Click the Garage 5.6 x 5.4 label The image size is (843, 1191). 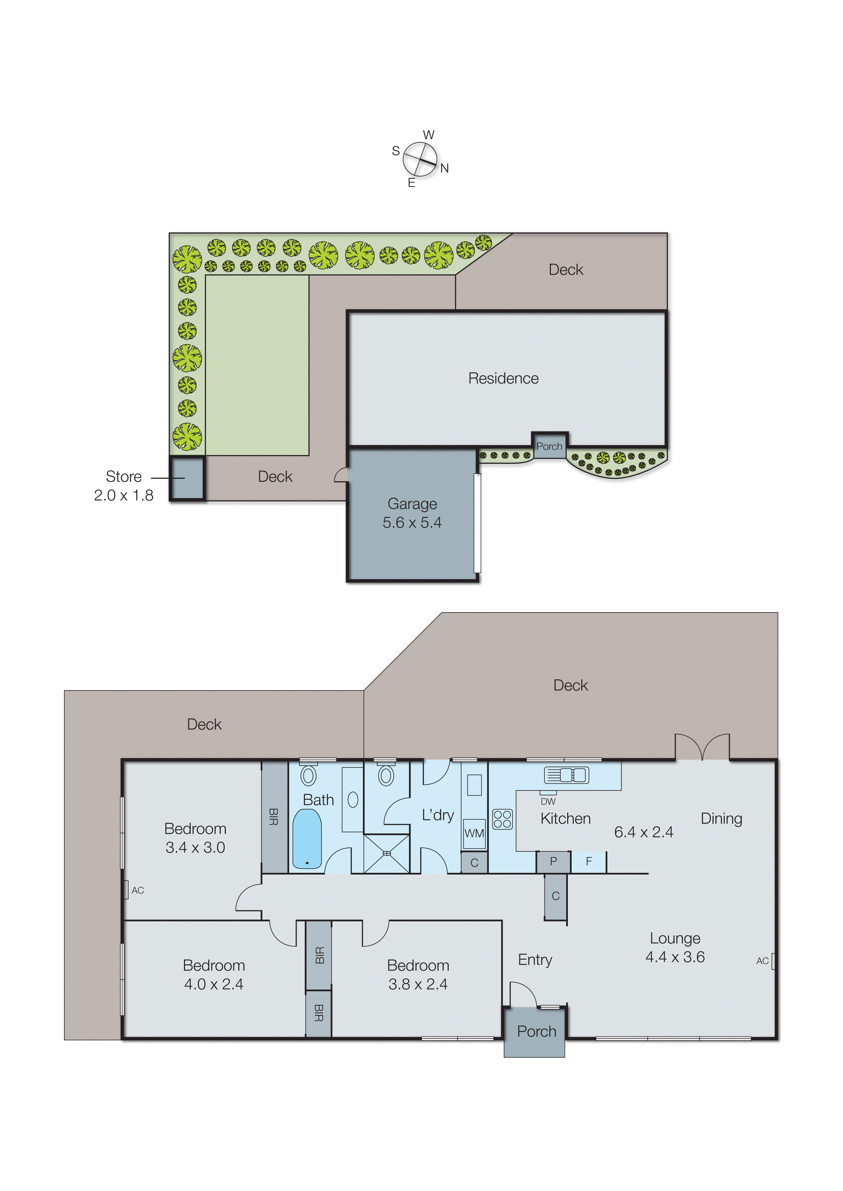[x=412, y=513]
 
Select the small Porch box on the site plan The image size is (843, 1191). [x=549, y=446]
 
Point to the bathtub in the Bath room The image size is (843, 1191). [x=307, y=838]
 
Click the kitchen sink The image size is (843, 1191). [x=566, y=775]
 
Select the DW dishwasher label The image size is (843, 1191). [x=548, y=801]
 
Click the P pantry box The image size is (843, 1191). [x=553, y=862]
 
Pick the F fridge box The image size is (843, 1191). [x=589, y=862]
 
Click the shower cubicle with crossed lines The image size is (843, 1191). [x=386, y=853]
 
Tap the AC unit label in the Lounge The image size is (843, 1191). [x=762, y=961]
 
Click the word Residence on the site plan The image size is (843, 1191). [x=503, y=378]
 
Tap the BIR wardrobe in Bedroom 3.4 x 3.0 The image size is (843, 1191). [x=274, y=817]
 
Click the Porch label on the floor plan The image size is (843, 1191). [x=536, y=1031]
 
